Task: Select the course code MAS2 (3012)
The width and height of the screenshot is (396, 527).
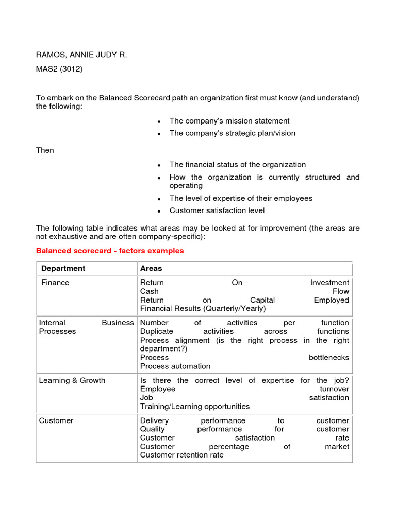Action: click(x=59, y=69)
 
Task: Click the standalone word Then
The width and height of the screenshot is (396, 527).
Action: click(x=45, y=150)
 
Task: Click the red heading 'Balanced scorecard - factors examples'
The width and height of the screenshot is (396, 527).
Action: click(x=110, y=251)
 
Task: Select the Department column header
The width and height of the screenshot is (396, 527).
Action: click(x=63, y=268)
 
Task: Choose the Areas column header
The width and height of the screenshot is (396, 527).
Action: click(x=151, y=268)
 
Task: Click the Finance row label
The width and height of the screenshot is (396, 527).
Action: click(x=55, y=283)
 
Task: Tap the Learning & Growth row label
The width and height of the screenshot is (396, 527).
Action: click(x=72, y=380)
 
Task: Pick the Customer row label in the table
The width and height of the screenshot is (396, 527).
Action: click(x=56, y=420)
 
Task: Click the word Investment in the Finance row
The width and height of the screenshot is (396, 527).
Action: click(x=329, y=283)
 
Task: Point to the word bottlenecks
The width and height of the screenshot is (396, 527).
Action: click(x=328, y=357)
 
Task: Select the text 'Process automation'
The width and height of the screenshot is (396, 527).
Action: click(x=175, y=366)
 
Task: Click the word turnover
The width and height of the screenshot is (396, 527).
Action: click(x=334, y=389)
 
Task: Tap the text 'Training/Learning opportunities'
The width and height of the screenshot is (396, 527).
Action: click(x=195, y=406)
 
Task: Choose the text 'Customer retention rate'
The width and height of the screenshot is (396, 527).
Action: click(x=182, y=455)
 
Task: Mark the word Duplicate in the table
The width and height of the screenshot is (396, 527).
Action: click(x=157, y=331)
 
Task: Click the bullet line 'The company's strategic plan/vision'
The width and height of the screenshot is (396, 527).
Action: click(x=233, y=133)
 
